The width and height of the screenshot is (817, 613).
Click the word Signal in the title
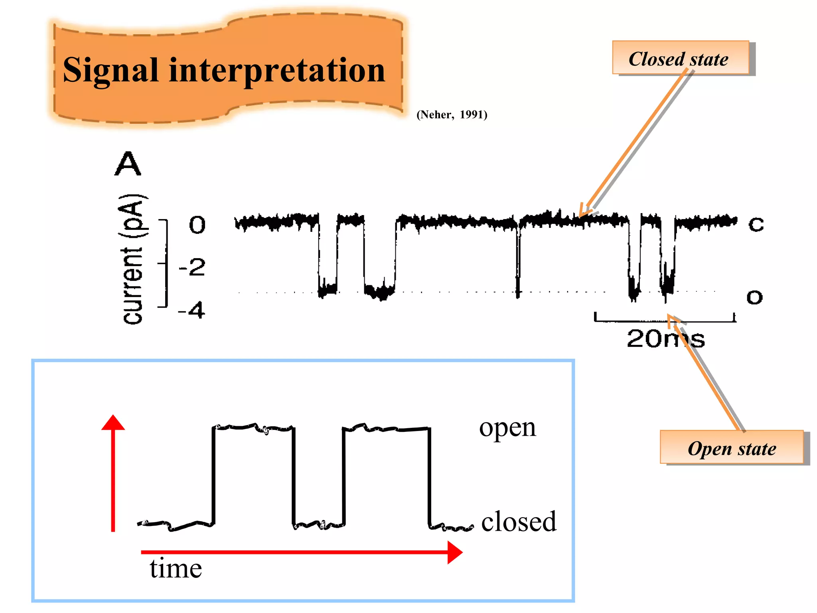tap(111, 71)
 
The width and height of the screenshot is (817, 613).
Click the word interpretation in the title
tap(277, 71)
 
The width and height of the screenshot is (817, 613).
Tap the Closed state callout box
tap(680, 59)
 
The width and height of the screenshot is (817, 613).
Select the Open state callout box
tap(732, 448)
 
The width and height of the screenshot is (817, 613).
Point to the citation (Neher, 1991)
tap(452, 115)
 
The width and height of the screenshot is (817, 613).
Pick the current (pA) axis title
tap(133, 259)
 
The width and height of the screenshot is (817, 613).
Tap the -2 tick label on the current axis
tap(192, 267)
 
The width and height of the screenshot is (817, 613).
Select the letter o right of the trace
tap(754, 297)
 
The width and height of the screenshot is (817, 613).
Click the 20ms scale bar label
tap(665, 339)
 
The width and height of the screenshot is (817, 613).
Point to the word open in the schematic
tap(507, 428)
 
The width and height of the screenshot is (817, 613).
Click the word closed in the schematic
tap(518, 522)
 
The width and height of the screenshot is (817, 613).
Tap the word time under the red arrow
tap(176, 568)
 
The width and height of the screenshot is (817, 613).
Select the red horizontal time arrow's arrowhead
tap(455, 552)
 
